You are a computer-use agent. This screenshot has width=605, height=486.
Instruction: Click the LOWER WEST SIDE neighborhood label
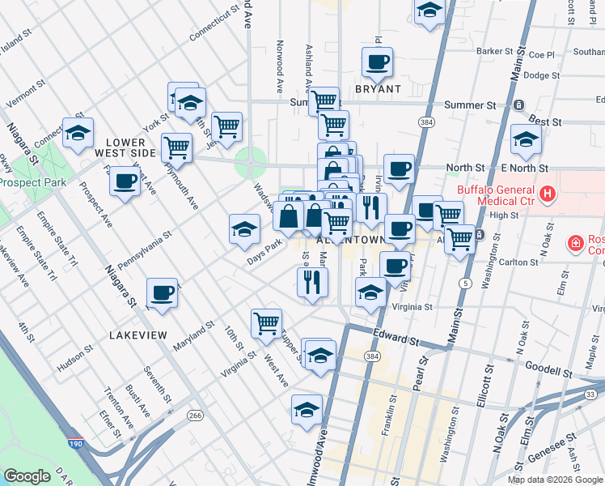click(x=125, y=147)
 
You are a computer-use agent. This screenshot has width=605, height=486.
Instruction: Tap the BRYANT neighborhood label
click(x=378, y=88)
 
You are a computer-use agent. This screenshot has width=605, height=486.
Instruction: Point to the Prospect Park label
click(x=32, y=182)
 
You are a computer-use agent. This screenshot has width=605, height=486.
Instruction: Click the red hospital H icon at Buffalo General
click(x=548, y=194)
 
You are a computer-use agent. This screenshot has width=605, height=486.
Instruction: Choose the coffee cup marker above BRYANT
click(x=377, y=62)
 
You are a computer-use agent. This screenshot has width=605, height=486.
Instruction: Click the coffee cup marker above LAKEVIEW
click(x=162, y=293)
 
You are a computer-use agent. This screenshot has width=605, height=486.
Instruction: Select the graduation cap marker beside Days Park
click(x=244, y=229)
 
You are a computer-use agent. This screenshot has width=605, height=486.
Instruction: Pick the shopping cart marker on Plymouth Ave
click(x=176, y=147)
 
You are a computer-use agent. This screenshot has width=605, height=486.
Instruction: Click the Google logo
click(x=27, y=476)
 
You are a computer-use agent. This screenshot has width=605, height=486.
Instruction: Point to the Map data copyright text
click(x=554, y=479)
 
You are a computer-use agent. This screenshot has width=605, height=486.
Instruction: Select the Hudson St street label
click(x=74, y=359)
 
